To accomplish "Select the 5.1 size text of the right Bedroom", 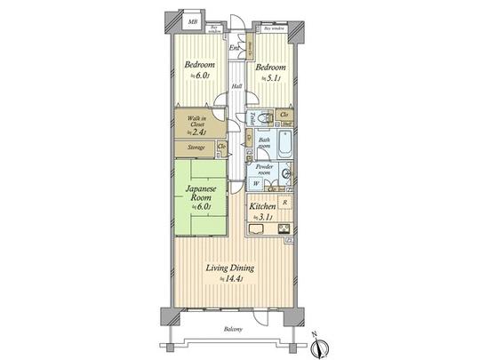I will pos(270,78).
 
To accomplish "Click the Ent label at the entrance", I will pos(234,47).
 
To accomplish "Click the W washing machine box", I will pos(257,185).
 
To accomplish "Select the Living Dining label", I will pos(230,268).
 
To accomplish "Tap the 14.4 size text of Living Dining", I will pos(231,280).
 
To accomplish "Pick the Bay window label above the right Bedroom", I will pos(275,28).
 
